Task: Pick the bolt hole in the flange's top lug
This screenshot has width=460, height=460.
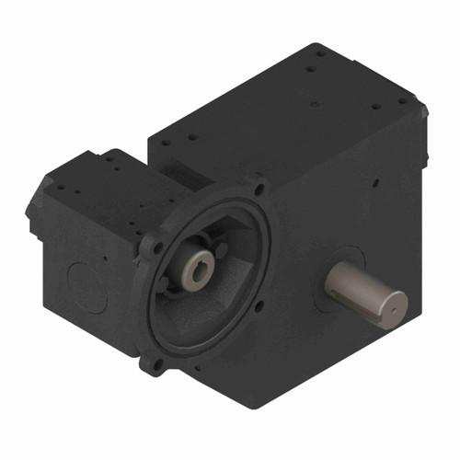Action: point(260,188)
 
